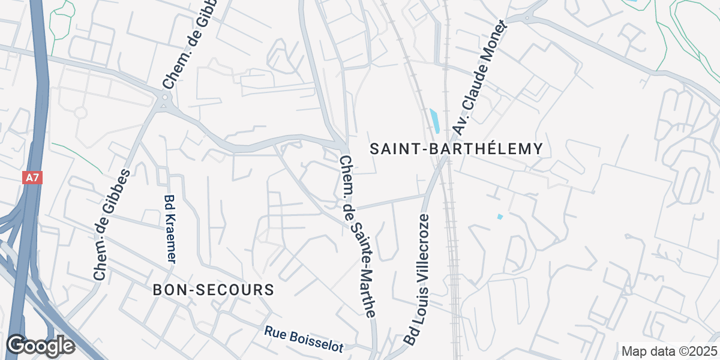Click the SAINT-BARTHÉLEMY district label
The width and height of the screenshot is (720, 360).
point(456,149)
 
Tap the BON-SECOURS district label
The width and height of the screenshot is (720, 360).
point(214,290)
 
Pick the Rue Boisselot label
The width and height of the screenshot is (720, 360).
point(304,339)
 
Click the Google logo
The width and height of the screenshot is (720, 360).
point(40,346)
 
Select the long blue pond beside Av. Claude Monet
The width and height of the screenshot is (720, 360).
point(434,120)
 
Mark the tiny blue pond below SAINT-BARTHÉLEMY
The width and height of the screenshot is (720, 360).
point(500,216)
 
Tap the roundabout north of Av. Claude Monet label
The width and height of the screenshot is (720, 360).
point(527,19)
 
